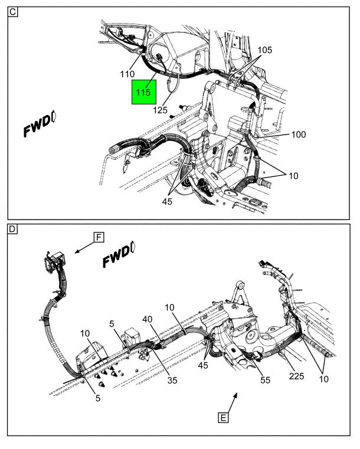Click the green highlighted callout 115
[x=143, y=91]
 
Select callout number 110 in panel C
[x=127, y=74]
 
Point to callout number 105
[x=265, y=50]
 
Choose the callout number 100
[x=299, y=135]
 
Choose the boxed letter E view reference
[x=222, y=418]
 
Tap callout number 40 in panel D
[x=146, y=319]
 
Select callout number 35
[x=172, y=381]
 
